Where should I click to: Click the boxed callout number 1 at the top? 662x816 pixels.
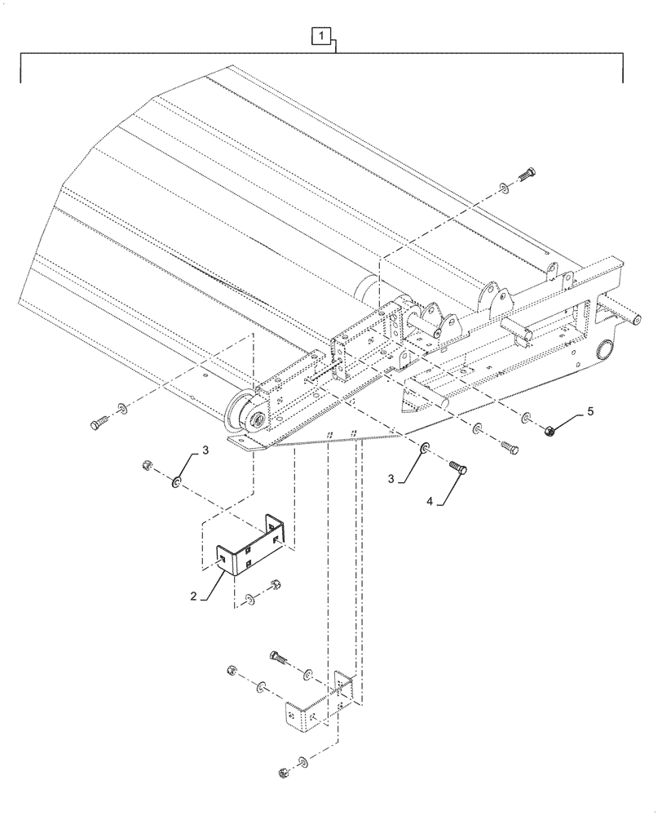(x=324, y=36)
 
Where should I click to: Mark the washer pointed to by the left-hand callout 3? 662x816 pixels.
(x=175, y=484)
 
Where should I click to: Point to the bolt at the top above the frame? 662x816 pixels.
(x=524, y=174)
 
